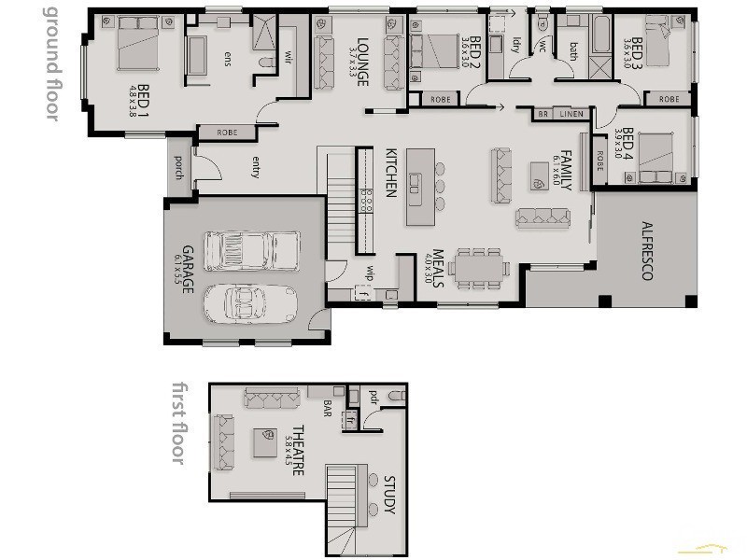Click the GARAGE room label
[x=188, y=270]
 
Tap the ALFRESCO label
[x=645, y=251]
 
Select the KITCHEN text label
[x=392, y=175]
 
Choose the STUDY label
[x=390, y=495]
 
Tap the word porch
[x=178, y=165]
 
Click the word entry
[x=255, y=166]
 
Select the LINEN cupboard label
[x=571, y=114]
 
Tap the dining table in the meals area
[x=479, y=269]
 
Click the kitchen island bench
[x=419, y=186]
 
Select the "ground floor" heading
[x=52, y=63]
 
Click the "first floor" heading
[x=179, y=423]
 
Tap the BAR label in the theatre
[x=328, y=409]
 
